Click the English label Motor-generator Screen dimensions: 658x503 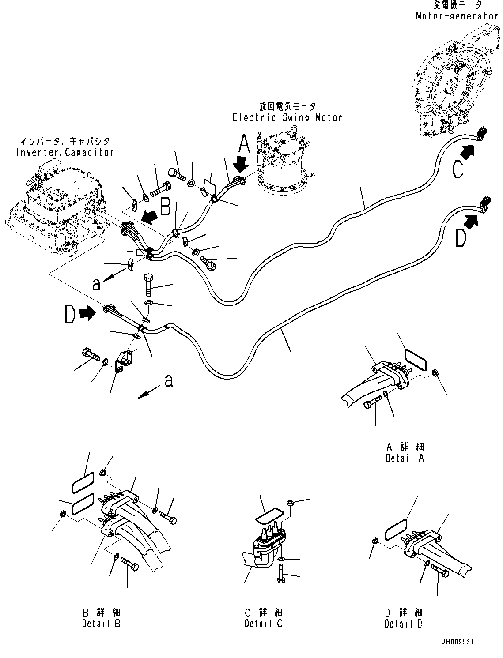click(457, 16)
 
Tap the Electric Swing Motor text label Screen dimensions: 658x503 click(287, 118)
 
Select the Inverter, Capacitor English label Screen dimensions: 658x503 click(65, 153)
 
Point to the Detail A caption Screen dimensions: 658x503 click(405, 458)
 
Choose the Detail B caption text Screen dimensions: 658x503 click(101, 624)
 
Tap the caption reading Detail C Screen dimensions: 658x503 click(263, 624)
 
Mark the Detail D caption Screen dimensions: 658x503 click(403, 624)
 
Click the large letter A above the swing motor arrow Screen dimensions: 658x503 click(244, 144)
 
